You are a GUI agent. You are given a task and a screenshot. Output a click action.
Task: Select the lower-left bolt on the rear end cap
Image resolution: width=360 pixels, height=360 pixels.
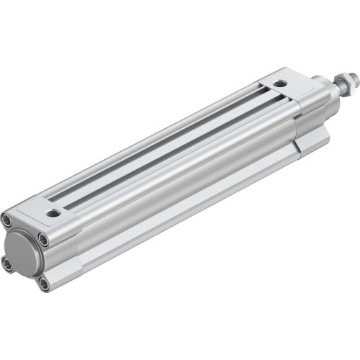pos(8,265)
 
